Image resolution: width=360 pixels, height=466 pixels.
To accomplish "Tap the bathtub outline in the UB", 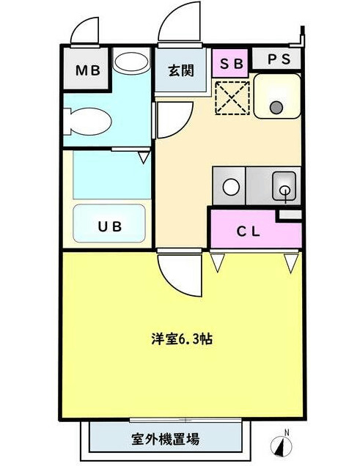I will point(110,224).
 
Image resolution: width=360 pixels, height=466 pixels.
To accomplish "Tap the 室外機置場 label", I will point(165,440).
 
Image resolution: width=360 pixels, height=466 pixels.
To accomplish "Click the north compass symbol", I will point(283,444).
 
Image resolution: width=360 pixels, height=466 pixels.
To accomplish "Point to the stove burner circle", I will point(232,186).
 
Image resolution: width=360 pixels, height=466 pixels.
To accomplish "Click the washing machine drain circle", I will point(276,108).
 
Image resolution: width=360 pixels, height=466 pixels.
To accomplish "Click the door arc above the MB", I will point(85,31).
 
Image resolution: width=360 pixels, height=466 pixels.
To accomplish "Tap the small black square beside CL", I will point(290,214).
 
